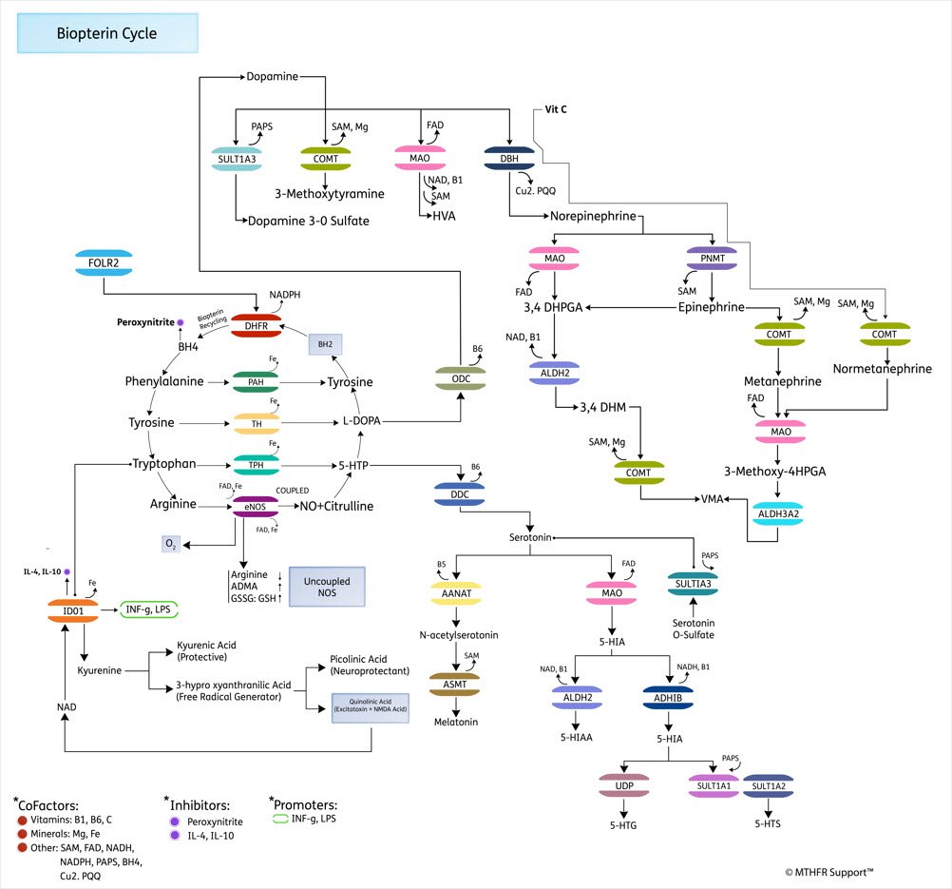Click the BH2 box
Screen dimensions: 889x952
325,344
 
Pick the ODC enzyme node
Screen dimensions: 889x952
461,377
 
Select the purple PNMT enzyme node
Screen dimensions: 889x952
712,257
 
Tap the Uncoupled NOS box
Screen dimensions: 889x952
327,586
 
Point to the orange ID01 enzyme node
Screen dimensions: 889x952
72,610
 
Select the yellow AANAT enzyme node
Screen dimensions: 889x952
456,593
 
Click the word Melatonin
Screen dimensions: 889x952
455,722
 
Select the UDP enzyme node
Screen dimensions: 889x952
623,786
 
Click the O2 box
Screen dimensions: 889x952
171,543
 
